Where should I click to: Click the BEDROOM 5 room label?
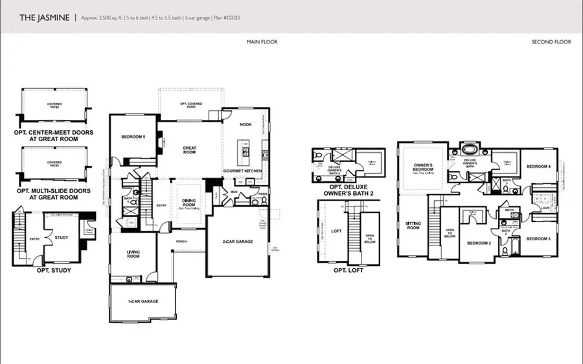133,137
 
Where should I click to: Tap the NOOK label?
246,124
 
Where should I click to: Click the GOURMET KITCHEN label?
242,170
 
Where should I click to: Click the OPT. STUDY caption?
50,270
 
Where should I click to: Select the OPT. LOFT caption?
349,270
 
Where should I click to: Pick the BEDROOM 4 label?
539,166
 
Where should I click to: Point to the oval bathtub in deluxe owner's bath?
468,148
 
